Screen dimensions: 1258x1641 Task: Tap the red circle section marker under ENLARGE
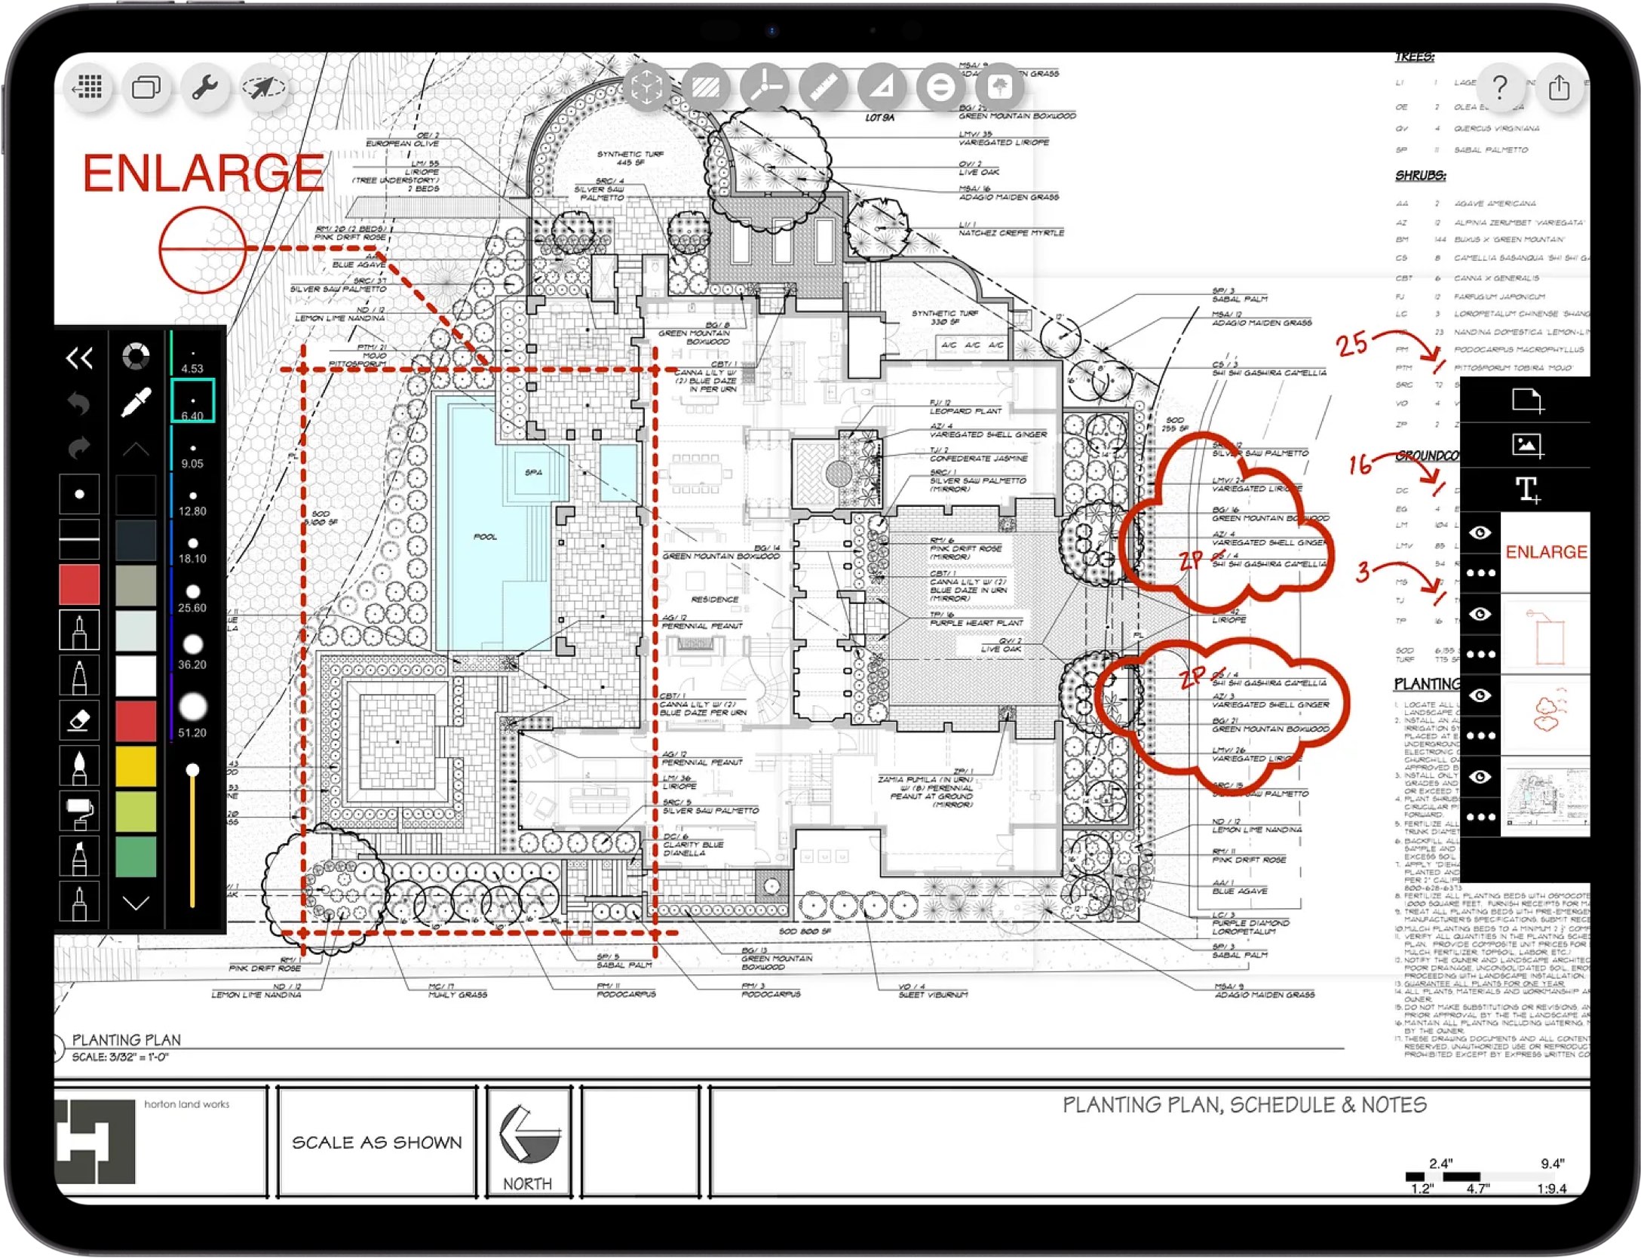click(202, 249)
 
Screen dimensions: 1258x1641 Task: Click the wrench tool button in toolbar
click(204, 88)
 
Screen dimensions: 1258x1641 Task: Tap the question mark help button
click(1499, 87)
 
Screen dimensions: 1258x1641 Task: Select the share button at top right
click(1559, 87)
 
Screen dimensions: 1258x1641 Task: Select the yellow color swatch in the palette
click(136, 766)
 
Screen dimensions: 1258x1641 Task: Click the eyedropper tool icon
click(136, 402)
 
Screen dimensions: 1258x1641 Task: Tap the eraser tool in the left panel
click(79, 720)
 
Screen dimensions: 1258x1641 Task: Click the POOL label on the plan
click(485, 537)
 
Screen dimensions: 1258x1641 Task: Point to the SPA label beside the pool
click(533, 473)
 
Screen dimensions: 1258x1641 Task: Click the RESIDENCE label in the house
click(714, 600)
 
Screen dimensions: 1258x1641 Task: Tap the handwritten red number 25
click(1351, 345)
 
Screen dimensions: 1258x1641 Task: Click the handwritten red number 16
click(1360, 464)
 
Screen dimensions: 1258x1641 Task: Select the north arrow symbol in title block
click(528, 1135)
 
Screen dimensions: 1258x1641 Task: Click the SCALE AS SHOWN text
click(376, 1143)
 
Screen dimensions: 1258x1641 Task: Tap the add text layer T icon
click(1528, 490)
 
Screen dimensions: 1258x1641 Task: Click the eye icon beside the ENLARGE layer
click(1480, 533)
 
